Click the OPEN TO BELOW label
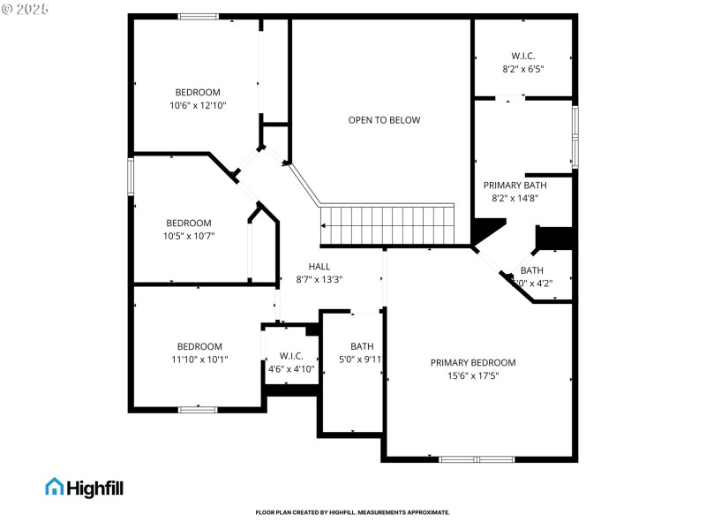[x=384, y=120]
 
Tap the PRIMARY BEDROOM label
[x=473, y=363]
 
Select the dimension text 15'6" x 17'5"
[x=473, y=376]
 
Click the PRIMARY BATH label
[x=514, y=185]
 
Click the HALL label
[x=319, y=266]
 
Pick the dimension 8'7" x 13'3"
[x=319, y=279]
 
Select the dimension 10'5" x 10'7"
[x=189, y=236]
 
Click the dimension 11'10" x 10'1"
[x=199, y=360]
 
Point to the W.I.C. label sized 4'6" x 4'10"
[x=291, y=356]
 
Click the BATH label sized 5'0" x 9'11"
[x=362, y=346]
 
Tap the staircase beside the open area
[x=387, y=225]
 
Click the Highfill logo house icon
[x=55, y=487]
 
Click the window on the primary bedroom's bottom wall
[x=477, y=459]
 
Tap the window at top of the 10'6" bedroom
[x=198, y=16]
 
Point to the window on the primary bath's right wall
[x=575, y=137]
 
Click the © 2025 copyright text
[x=26, y=8]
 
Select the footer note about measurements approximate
[x=353, y=512]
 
